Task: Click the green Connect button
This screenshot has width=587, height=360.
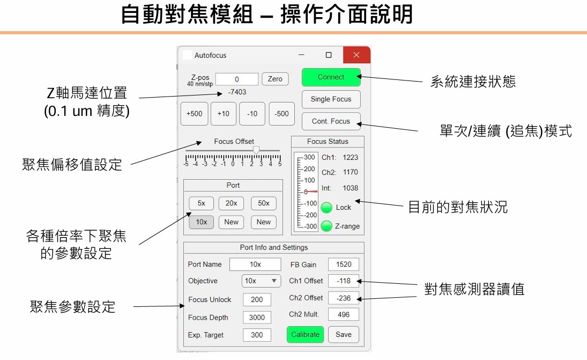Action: pos(331,77)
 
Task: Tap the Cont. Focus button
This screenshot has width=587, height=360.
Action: pos(331,121)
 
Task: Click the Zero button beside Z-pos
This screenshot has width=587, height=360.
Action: pos(275,79)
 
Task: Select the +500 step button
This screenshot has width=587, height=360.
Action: pos(194,114)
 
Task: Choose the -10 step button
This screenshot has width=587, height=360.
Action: pos(252,114)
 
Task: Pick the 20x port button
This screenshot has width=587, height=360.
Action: pos(231,204)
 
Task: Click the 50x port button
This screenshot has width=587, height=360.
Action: pos(263,204)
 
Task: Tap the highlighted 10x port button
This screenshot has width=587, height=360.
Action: pos(201,222)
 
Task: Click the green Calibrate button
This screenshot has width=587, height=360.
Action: pos(305,334)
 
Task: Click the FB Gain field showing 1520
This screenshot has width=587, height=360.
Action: pos(344,265)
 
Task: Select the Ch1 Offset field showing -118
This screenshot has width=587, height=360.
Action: pos(344,281)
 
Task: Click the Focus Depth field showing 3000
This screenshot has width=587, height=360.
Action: pos(257,318)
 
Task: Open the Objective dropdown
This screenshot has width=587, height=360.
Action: pos(261,281)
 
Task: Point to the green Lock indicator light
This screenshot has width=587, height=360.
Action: pos(326,208)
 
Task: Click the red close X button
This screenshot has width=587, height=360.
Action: pos(356,55)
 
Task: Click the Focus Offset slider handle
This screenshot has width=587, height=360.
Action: pos(256,150)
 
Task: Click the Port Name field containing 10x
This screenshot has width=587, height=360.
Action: pos(255,265)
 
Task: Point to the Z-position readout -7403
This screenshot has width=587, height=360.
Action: pos(237,92)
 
